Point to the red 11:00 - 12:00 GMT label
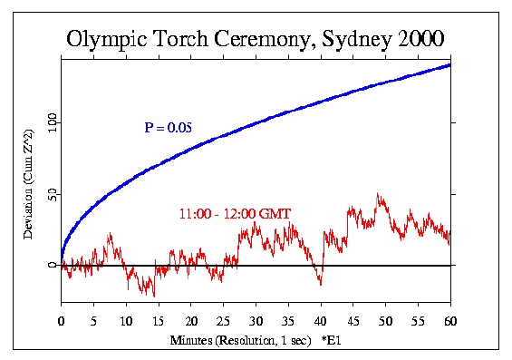point(227,214)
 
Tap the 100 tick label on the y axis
point(51,121)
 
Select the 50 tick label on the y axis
point(51,193)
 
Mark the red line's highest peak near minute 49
point(378,193)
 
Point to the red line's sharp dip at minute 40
point(320,285)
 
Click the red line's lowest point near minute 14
point(153,296)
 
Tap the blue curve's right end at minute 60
point(449,64)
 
